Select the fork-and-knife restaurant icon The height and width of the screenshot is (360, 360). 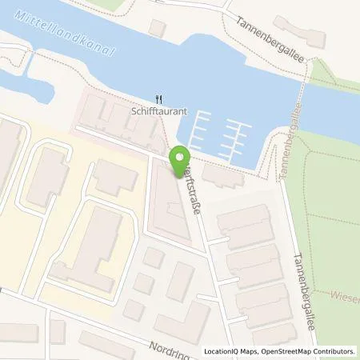click(158, 99)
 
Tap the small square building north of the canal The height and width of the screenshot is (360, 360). click(157, 29)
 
